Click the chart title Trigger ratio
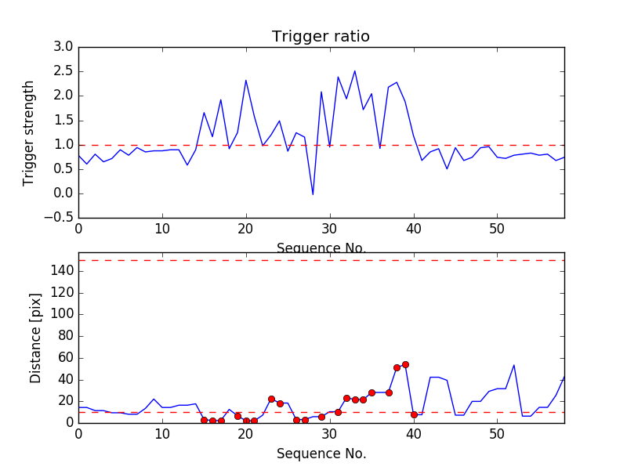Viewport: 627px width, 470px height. [321, 37]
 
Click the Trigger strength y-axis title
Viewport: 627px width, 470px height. [29, 132]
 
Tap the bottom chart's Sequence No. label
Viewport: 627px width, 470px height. [321, 454]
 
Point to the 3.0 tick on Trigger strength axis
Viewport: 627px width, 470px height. [63, 47]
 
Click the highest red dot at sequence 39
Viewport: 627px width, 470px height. [405, 364]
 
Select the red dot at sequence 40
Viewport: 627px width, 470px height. [414, 414]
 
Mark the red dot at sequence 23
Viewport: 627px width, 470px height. [271, 399]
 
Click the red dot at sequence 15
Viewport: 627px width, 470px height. [204, 421]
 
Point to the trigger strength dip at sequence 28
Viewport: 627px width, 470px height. [313, 194]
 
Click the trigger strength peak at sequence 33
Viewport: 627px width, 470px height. [354, 71]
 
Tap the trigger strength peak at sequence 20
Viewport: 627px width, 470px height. [246, 80]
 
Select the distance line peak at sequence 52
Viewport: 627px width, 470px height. [514, 365]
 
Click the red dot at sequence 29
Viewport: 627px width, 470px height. [321, 417]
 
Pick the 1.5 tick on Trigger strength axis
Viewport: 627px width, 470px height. [63, 120]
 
